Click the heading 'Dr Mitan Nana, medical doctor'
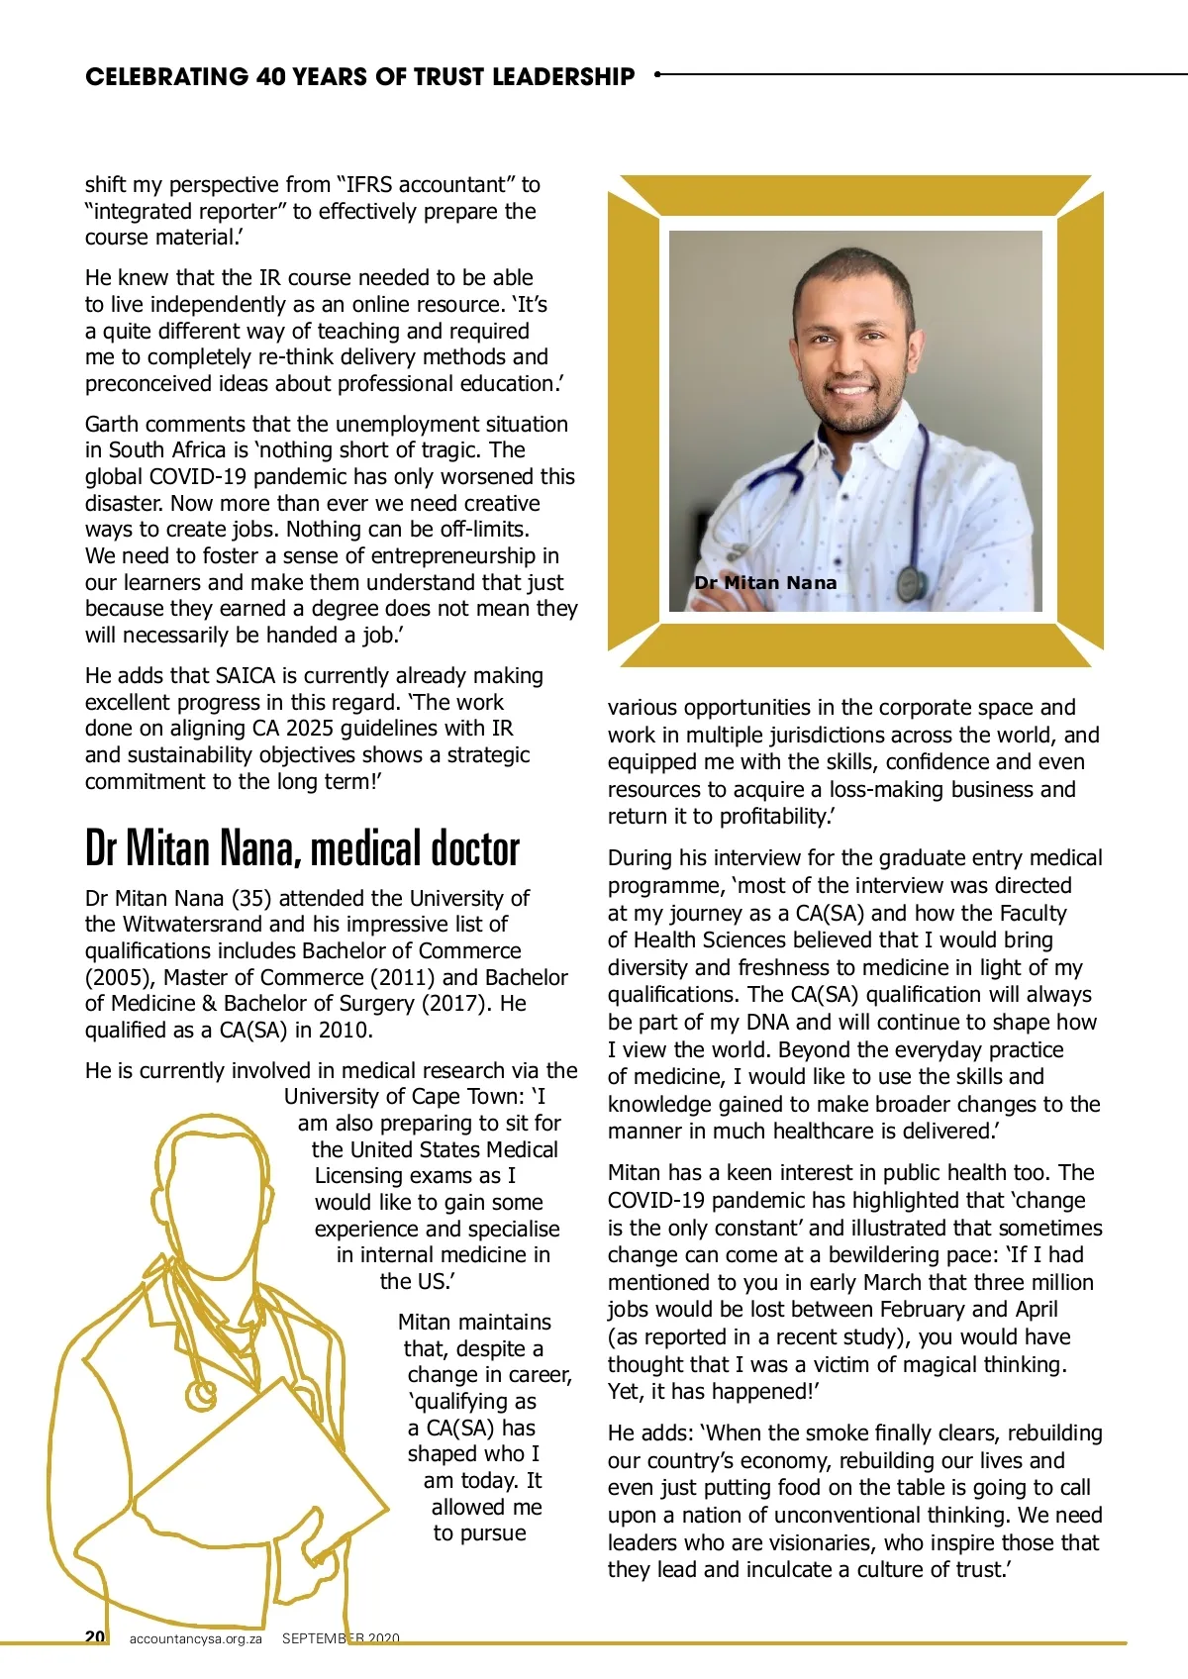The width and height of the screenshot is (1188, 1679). click(x=302, y=848)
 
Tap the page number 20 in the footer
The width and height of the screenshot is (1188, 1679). click(x=95, y=1636)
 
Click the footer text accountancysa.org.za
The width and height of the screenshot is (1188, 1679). click(x=195, y=1638)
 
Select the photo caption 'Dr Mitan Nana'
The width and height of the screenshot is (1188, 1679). click(x=765, y=583)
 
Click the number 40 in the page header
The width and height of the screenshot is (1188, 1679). click(x=271, y=77)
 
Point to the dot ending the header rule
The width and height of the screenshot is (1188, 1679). click(x=658, y=73)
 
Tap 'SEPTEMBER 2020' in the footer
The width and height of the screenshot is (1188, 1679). click(x=341, y=1638)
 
